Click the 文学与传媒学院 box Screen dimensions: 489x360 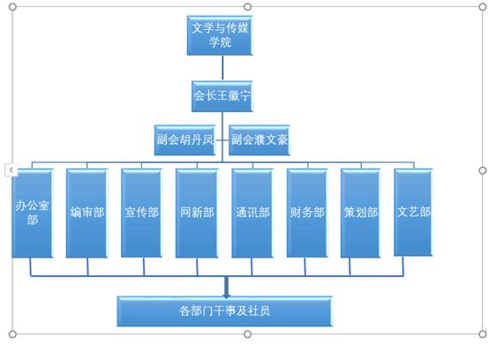(220, 35)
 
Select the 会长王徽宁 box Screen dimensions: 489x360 (222, 96)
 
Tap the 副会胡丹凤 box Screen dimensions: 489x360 (185, 140)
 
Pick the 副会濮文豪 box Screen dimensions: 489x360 (260, 140)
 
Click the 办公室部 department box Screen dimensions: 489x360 (33, 214)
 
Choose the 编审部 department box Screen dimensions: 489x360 (87, 214)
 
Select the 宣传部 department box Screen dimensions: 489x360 (141, 214)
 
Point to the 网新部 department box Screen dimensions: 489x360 (197, 214)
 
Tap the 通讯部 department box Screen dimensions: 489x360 (252, 214)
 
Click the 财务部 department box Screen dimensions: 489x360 (307, 214)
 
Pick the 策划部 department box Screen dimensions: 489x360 (361, 214)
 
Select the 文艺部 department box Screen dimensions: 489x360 (413, 213)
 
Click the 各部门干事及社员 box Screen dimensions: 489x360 (224, 311)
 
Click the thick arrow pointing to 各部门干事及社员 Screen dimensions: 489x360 (227, 287)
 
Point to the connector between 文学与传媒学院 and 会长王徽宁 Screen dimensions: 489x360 (222, 68)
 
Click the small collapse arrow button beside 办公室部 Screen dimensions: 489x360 (11, 170)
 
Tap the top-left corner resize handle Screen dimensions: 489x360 (12, 6)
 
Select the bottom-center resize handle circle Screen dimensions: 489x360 (248, 334)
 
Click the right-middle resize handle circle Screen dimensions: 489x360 (483, 170)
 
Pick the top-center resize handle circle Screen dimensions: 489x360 (248, 6)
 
